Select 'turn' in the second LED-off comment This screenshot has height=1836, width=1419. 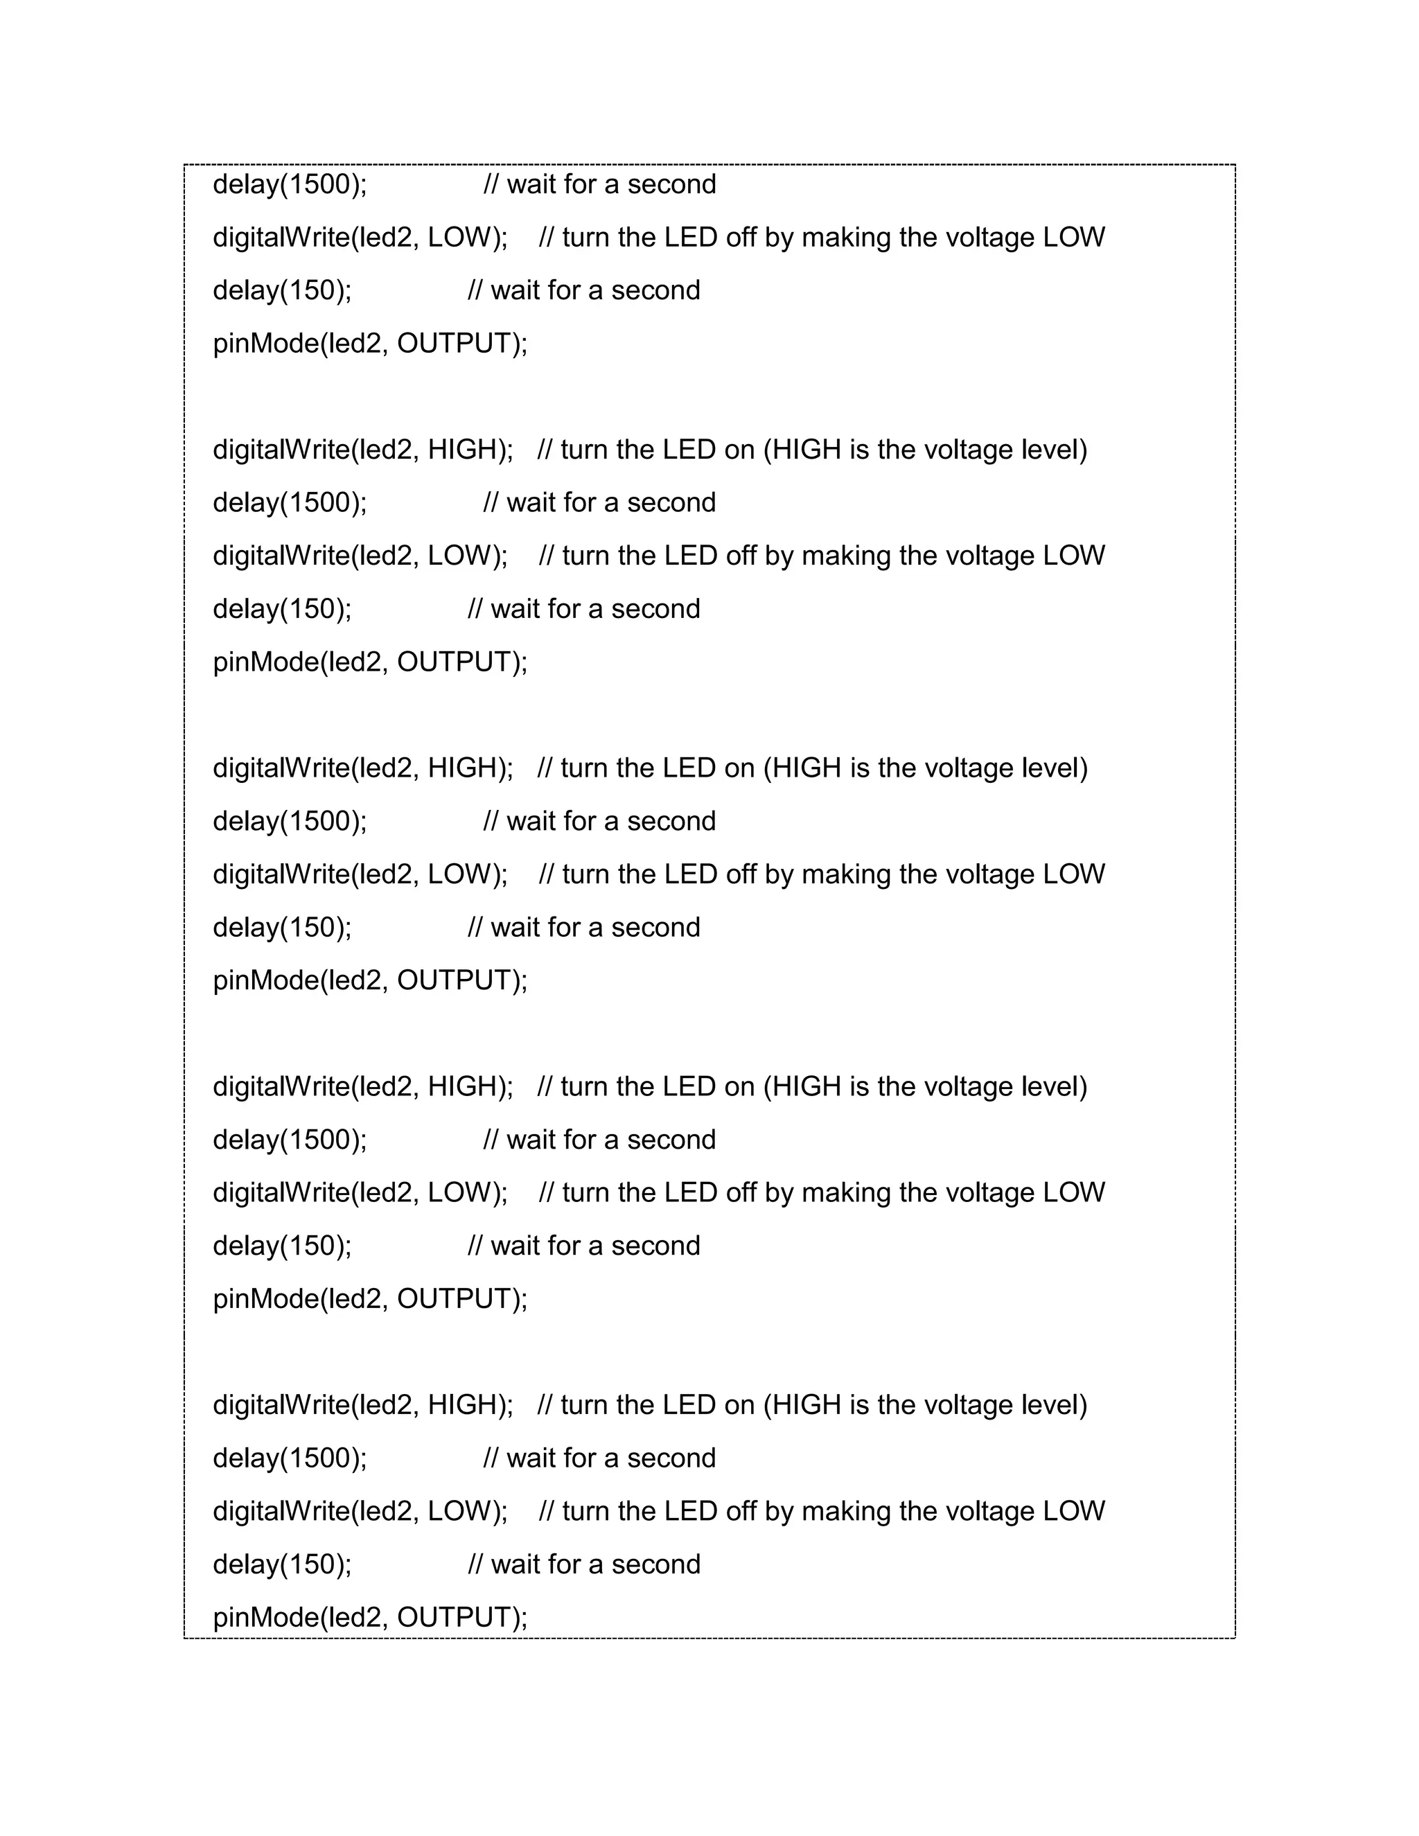pos(586,874)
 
